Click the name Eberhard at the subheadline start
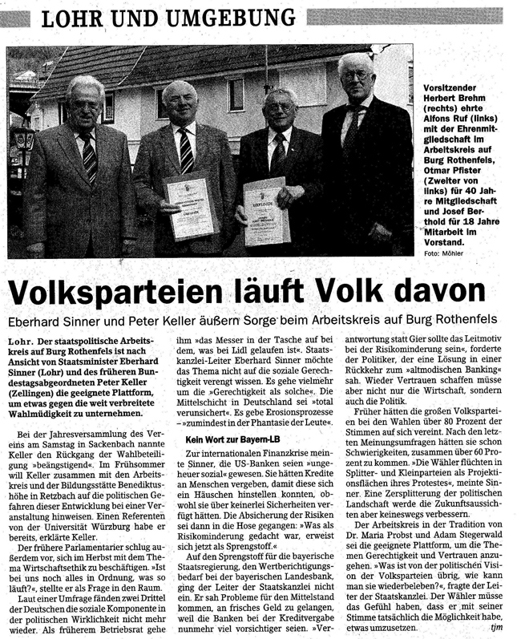(x=39, y=319)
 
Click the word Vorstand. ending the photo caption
(x=445, y=241)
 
